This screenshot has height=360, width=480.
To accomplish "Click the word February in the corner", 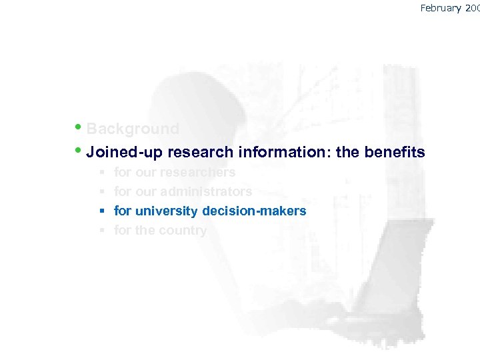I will (x=442, y=8).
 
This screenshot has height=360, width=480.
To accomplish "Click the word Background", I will (x=133, y=129).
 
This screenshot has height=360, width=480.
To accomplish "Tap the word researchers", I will (x=197, y=172).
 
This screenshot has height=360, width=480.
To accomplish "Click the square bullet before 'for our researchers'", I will (x=103, y=172).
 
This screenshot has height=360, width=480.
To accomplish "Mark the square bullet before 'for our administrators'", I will (x=103, y=191).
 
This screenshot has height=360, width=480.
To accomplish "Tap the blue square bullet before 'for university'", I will (x=103, y=211).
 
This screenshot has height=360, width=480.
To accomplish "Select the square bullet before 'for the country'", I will (x=103, y=230).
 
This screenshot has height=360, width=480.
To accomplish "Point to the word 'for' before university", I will (x=123, y=211).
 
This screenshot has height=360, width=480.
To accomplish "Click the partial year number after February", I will (x=473, y=8).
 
